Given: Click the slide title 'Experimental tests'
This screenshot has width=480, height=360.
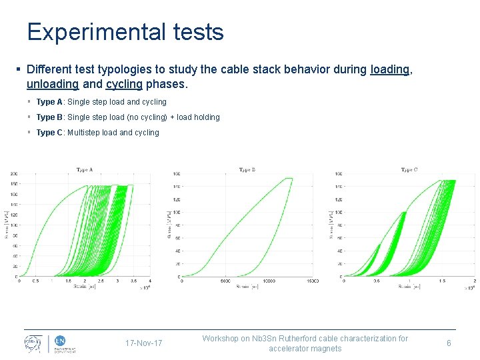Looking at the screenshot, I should pyautogui.click(x=125, y=32).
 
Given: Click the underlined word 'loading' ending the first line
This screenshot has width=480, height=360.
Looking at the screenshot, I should pyautogui.click(x=389, y=70).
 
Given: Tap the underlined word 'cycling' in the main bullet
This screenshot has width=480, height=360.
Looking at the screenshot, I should pyautogui.click(x=123, y=85).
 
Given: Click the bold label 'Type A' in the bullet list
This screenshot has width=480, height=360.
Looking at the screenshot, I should pyautogui.click(x=49, y=102).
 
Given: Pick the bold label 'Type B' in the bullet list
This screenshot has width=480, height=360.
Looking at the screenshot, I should pyautogui.click(x=49, y=117).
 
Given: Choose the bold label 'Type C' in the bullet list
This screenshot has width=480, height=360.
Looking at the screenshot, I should pyautogui.click(x=49, y=133).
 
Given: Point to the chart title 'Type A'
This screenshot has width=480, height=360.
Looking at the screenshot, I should pyautogui.click(x=85, y=169).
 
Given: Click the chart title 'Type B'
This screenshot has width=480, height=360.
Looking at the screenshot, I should pyautogui.click(x=247, y=170).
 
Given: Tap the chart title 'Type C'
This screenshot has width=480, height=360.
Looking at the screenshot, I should pyautogui.click(x=409, y=170).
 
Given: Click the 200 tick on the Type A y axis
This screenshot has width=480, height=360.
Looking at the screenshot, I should pyautogui.click(x=13, y=175).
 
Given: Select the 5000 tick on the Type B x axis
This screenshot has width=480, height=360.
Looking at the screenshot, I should pyautogui.click(x=225, y=281).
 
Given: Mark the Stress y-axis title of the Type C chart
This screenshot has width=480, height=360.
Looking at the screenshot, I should pyautogui.click(x=331, y=225).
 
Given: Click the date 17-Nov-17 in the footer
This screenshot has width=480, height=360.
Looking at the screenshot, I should pyautogui.click(x=143, y=343).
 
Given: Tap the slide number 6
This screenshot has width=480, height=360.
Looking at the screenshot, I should pyautogui.click(x=449, y=343).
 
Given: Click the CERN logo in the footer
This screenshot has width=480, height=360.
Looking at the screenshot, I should pyautogui.click(x=31, y=343).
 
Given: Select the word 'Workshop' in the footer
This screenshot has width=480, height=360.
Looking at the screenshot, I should pyautogui.click(x=221, y=339).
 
